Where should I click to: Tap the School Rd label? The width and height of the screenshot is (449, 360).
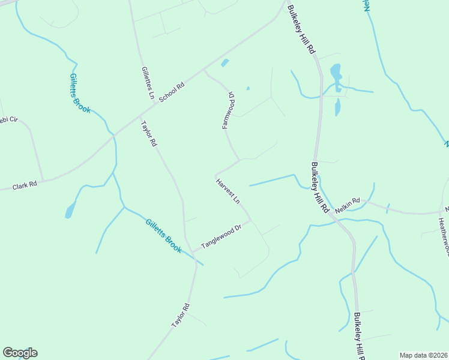coord(172,91)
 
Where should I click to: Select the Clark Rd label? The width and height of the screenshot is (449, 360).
coord(25,186)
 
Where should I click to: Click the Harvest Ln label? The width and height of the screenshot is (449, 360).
coord(229,191)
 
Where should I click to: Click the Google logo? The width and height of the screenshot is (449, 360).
coord(20,353)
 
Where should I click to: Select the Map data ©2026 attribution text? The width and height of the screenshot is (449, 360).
coord(423,355)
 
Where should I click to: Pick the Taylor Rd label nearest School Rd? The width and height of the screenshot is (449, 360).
coord(148,134)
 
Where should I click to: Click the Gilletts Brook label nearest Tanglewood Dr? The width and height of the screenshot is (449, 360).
coord(163,236)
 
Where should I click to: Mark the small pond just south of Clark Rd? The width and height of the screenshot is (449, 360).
coord(70,210)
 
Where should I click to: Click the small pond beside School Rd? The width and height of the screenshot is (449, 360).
coord(224,62)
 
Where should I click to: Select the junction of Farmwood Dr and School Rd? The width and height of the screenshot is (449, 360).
coord(205,70)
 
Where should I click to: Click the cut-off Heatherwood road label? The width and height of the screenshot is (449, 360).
coord(444,234)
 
